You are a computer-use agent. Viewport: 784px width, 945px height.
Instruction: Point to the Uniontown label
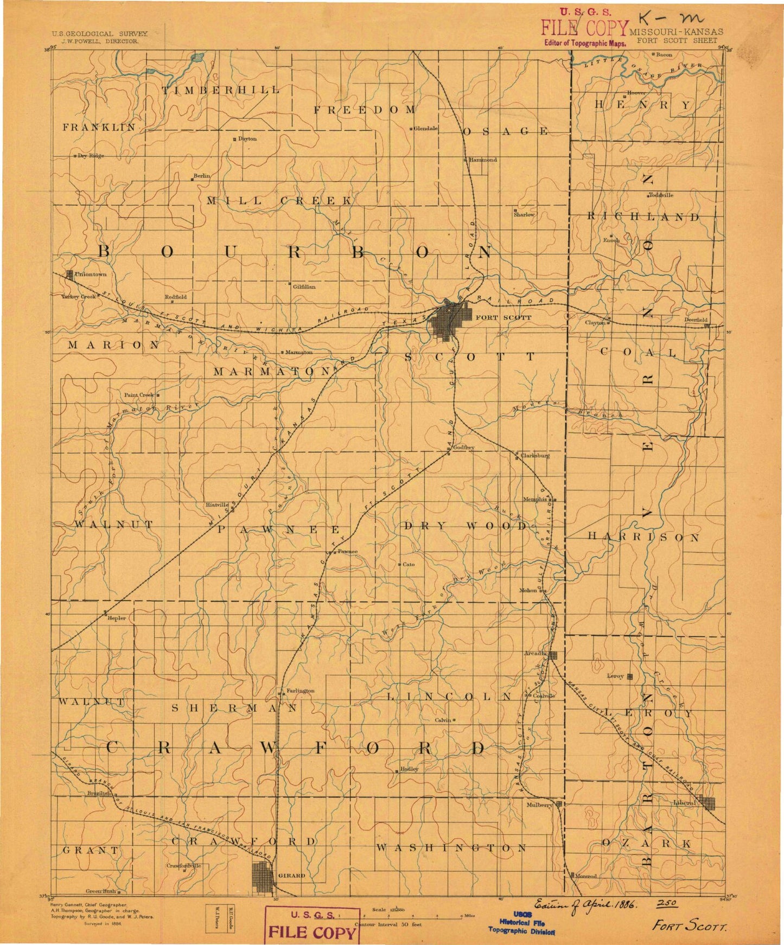coord(91,274)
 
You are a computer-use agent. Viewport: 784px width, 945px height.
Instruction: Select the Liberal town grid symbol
coord(706,803)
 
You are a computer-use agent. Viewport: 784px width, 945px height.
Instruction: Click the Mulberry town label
coord(539,806)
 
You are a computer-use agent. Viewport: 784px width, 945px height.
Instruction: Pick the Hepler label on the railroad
coord(117,618)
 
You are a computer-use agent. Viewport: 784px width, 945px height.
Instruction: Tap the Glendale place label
coord(425,129)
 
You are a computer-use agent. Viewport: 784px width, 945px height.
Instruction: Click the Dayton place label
coord(247,139)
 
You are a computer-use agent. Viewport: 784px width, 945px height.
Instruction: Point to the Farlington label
coord(301,691)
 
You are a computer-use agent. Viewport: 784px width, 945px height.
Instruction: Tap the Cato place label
coord(409,564)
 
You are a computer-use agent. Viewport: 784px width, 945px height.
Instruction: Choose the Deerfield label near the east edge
coord(695,320)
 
